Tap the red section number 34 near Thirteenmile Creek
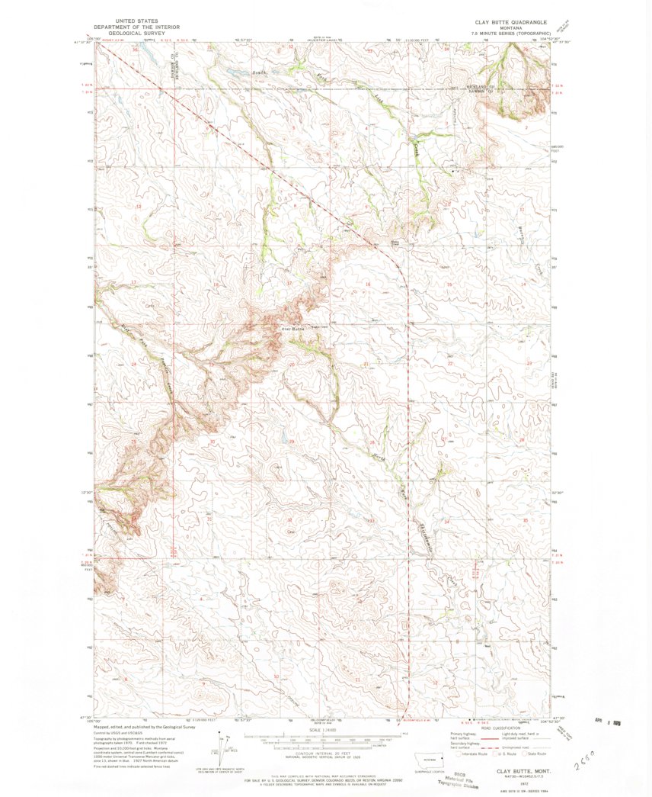pyautogui.click(x=447, y=522)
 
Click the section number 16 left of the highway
pyautogui.click(x=368, y=284)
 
